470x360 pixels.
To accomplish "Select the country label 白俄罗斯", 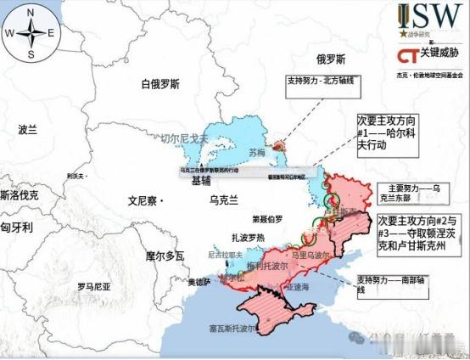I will tap(161, 84).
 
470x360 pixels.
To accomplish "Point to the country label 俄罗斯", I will tap(332, 59).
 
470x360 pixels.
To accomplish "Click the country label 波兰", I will tap(28, 130).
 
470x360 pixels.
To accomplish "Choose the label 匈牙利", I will tap(16, 228).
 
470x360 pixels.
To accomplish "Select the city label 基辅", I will tap(201, 181).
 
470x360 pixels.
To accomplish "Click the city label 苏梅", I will tap(257, 154).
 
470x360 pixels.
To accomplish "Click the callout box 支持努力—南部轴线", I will tap(389, 284).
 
